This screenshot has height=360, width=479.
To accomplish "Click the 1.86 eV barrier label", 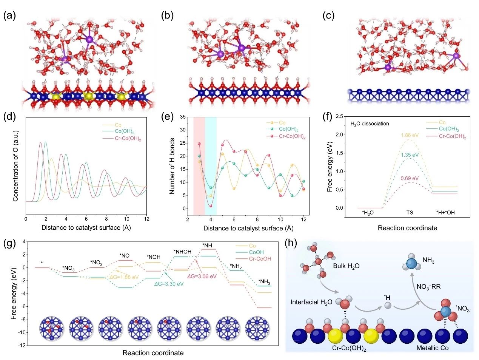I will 410,134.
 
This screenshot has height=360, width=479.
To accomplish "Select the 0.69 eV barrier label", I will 410,178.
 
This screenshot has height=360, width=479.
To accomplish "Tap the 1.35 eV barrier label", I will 410,155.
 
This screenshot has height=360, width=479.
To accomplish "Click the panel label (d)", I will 10,116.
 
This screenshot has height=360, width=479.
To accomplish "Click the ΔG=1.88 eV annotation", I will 124,277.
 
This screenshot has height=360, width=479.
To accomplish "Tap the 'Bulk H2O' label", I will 346,266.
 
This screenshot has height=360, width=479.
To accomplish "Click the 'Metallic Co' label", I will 433,348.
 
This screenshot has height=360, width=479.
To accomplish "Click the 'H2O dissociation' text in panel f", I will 370,124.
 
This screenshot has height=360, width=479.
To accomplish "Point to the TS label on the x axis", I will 410,213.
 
